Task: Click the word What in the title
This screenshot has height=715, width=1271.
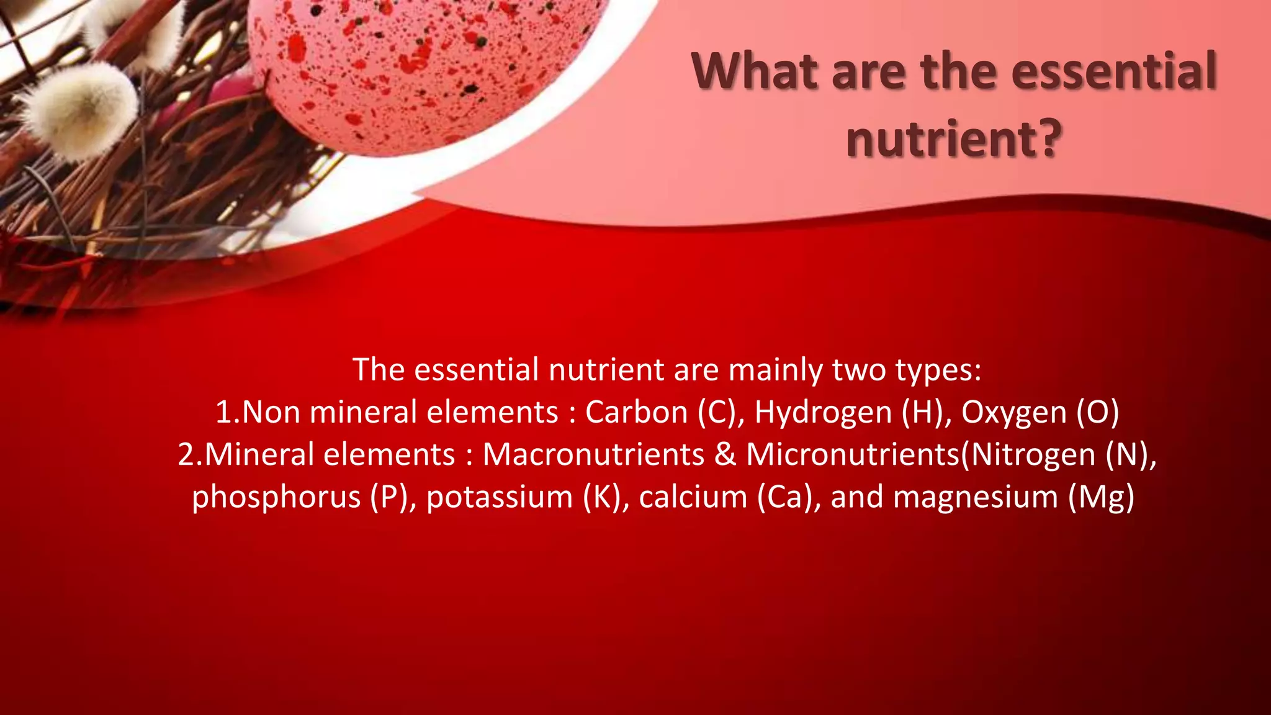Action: click(x=754, y=73)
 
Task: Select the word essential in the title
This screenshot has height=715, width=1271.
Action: click(x=1113, y=73)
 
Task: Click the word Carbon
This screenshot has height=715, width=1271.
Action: click(x=637, y=412)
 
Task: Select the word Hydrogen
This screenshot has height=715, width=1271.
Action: click(x=823, y=412)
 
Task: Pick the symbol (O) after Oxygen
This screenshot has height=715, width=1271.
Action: click(x=1098, y=412)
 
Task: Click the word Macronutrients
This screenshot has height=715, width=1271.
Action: click(x=593, y=454)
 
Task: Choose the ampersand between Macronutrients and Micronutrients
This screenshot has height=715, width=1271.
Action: click(x=725, y=454)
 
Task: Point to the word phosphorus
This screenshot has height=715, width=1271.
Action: click(x=276, y=497)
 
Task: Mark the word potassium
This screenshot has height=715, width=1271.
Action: click(x=500, y=497)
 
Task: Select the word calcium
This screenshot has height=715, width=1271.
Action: click(x=693, y=497)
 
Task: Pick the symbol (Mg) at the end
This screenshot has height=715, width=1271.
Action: click(x=1102, y=497)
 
